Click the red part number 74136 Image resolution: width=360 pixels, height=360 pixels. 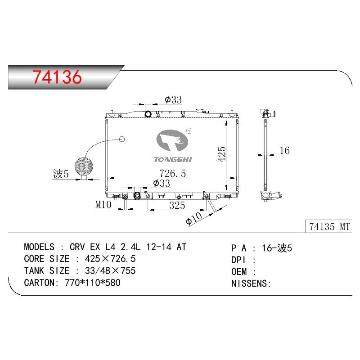click(x=57, y=76)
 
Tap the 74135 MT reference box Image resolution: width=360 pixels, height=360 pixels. click(x=329, y=226)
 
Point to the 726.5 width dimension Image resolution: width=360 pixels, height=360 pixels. click(x=172, y=173)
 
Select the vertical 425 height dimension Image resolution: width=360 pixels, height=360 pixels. click(x=222, y=154)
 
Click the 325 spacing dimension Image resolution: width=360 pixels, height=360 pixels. click(x=177, y=205)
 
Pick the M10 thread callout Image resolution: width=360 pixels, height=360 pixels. click(x=103, y=204)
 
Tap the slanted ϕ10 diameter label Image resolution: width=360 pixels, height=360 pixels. click(x=194, y=218)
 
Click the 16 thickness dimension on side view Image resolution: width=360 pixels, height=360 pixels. click(x=284, y=151)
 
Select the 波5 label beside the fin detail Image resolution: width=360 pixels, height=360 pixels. click(x=61, y=174)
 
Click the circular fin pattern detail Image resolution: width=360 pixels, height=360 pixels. click(x=84, y=166)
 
